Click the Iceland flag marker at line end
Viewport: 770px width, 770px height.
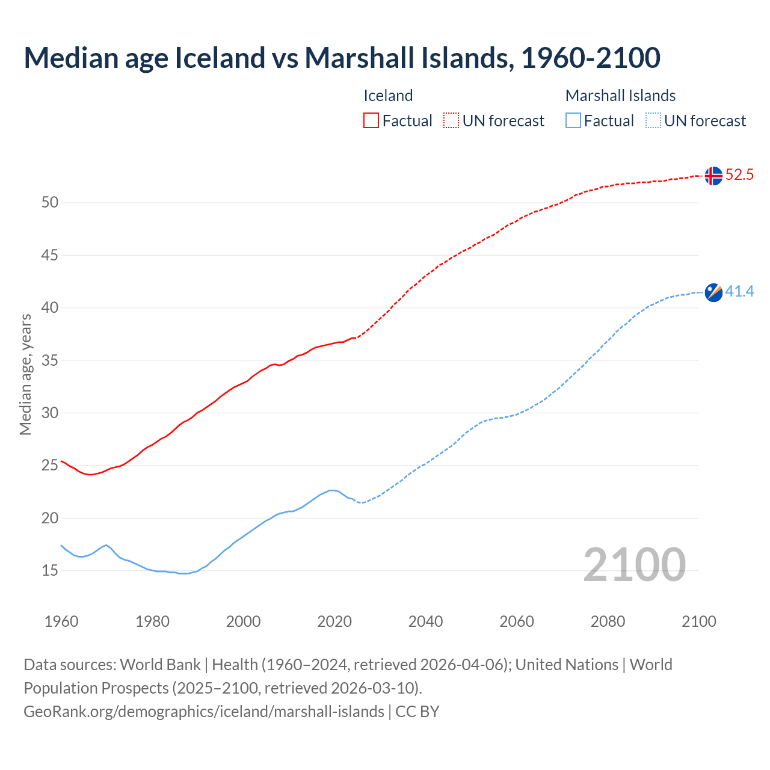(713, 176)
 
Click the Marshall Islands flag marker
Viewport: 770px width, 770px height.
(713, 292)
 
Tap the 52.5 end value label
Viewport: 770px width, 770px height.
(739, 175)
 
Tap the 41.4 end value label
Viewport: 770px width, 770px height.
(739, 292)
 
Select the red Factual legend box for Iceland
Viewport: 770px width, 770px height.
(371, 120)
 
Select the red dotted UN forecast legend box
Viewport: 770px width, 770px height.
(451, 120)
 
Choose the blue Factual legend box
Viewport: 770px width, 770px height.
(573, 120)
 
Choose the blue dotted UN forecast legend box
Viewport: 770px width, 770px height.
(653, 120)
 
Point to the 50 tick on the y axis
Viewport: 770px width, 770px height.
(50, 203)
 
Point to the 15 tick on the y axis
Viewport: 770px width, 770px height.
(50, 570)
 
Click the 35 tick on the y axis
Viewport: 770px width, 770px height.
(50, 361)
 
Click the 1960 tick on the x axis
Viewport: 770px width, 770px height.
(61, 621)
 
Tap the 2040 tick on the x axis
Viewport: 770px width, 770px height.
(425, 621)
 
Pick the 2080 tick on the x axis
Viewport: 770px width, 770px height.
(608, 621)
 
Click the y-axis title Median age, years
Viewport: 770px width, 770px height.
(25, 374)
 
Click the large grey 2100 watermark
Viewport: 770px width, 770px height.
(634, 564)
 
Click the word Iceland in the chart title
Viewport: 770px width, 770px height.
(220, 58)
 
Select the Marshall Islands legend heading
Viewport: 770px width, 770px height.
(620, 96)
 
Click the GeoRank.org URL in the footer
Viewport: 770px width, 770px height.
(203, 711)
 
